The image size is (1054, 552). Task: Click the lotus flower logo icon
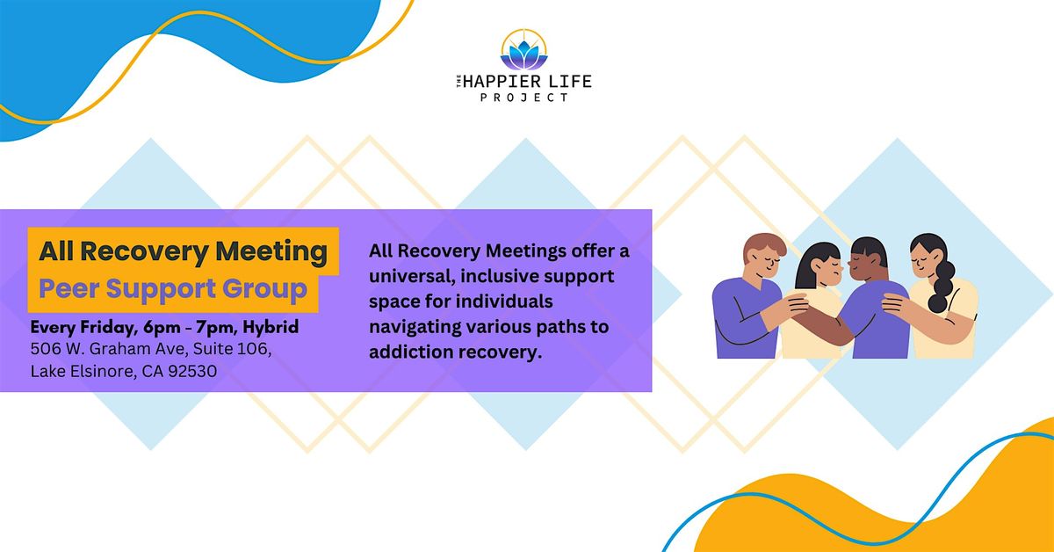click(523, 54)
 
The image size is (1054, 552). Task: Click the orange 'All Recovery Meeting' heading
click(183, 252)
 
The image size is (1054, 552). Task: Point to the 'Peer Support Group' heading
click(173, 288)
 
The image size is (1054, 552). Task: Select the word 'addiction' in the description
click(412, 352)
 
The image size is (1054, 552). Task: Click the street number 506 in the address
click(46, 350)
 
